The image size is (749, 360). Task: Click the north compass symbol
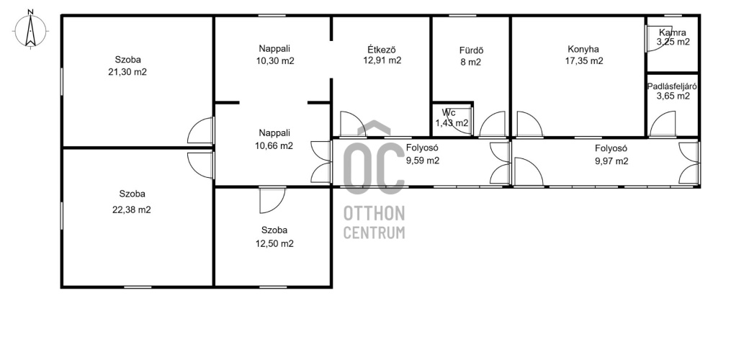(30, 30)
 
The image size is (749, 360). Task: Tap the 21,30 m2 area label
(127, 72)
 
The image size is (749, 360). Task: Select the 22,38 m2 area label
(131, 210)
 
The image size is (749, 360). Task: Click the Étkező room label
(382, 49)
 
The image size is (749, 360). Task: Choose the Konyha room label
(583, 49)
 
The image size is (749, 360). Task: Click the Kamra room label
(673, 33)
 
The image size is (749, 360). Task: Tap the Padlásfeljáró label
(672, 87)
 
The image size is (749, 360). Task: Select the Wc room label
(449, 113)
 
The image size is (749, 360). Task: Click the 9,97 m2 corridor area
(611, 161)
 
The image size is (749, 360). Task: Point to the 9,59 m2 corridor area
(422, 161)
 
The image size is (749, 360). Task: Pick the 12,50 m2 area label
(274, 243)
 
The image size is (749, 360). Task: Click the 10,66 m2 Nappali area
(274, 146)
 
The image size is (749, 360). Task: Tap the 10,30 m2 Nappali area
(275, 61)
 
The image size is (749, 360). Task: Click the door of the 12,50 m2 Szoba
(272, 200)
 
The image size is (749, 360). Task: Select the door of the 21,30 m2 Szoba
(200, 130)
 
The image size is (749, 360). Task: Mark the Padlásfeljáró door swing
(663, 124)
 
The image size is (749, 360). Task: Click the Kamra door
(659, 39)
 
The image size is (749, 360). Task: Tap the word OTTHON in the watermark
(374, 213)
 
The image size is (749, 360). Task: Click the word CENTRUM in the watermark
(374, 233)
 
